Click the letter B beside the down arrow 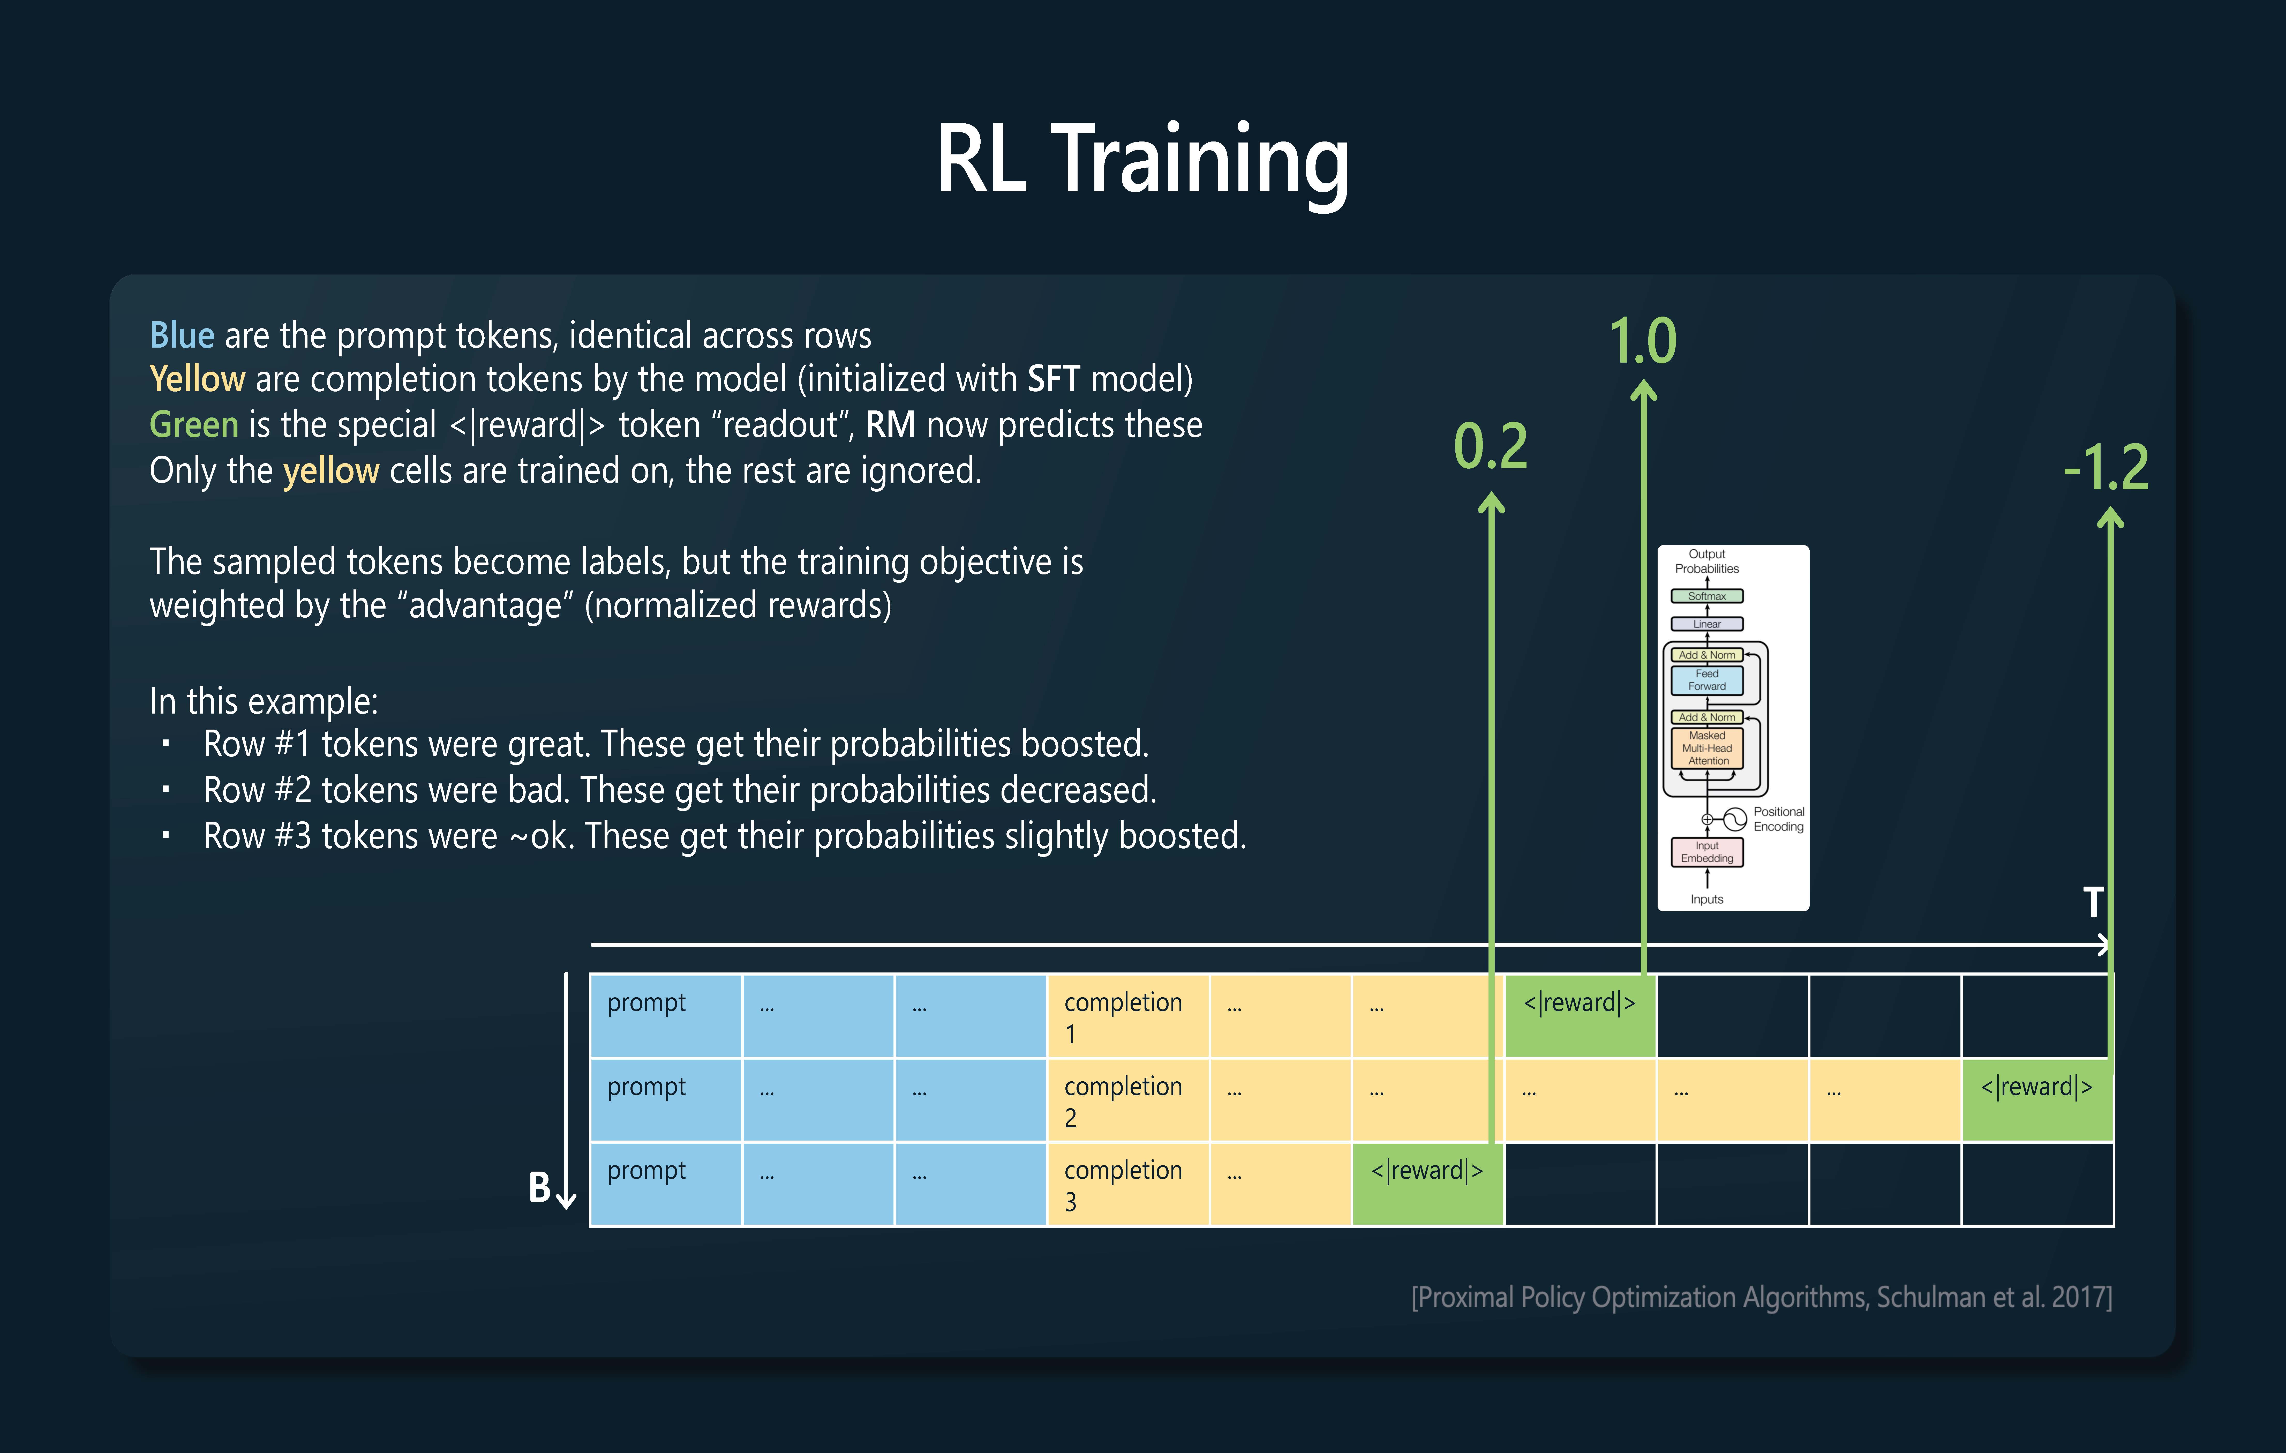coord(539,1187)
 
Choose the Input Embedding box coord(1707,852)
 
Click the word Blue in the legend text coord(182,335)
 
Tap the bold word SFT coord(1054,379)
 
